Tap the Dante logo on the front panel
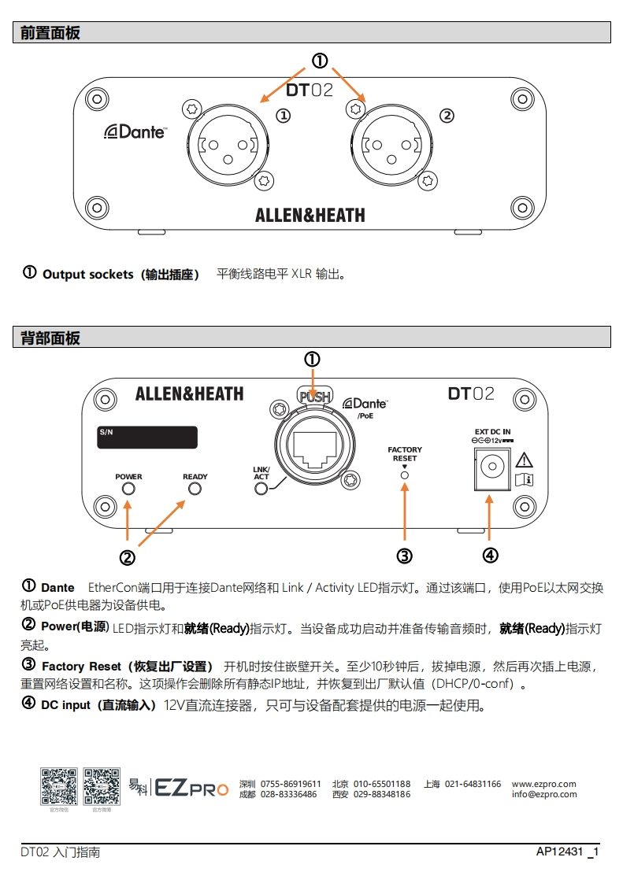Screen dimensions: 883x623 pyautogui.click(x=135, y=131)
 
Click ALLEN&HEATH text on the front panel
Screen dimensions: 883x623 pyautogui.click(x=310, y=214)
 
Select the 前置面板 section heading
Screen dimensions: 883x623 pyautogui.click(x=50, y=33)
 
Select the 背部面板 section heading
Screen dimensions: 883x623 pyautogui.click(x=50, y=338)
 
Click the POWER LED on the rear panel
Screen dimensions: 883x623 pyautogui.click(x=128, y=490)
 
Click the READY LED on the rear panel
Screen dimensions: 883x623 pyautogui.click(x=195, y=490)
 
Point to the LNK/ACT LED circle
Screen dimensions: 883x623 pyautogui.click(x=261, y=490)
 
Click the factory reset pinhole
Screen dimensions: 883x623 pyautogui.click(x=405, y=474)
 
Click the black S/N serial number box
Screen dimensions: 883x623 pyautogui.click(x=146, y=438)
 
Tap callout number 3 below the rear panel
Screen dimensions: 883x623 pyautogui.click(x=405, y=556)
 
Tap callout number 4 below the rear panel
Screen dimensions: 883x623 pyautogui.click(x=490, y=556)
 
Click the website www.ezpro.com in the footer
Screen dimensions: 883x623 pyautogui.click(x=544, y=784)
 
